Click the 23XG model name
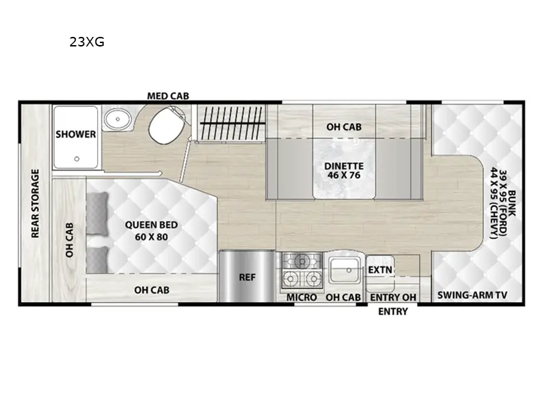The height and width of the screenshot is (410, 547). coord(87,42)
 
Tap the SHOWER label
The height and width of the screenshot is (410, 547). coord(76,134)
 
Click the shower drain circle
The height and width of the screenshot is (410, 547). coord(77,159)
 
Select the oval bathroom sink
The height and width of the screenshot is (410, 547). coord(118,119)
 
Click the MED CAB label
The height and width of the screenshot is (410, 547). coord(168,96)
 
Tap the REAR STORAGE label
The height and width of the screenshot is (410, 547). coord(36,204)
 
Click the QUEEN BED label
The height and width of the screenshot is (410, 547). coord(151,225)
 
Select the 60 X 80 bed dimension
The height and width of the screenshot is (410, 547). coord(151,236)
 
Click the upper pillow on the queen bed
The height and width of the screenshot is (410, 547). coord(97,213)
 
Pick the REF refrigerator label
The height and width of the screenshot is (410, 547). coord(248,277)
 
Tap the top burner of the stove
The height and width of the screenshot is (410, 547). coord(302,261)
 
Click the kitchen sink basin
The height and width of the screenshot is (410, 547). coord(345,270)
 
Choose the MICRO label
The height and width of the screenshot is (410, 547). coord(302,297)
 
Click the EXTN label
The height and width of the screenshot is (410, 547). coord(380,269)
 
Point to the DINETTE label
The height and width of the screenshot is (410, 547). coord(344,166)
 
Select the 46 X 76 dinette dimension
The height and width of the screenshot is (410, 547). coord(344,175)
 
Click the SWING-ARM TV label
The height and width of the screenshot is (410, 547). coord(472,295)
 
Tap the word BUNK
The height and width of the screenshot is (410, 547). coord(511,203)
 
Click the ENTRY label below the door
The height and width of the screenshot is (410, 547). coord(392,311)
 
